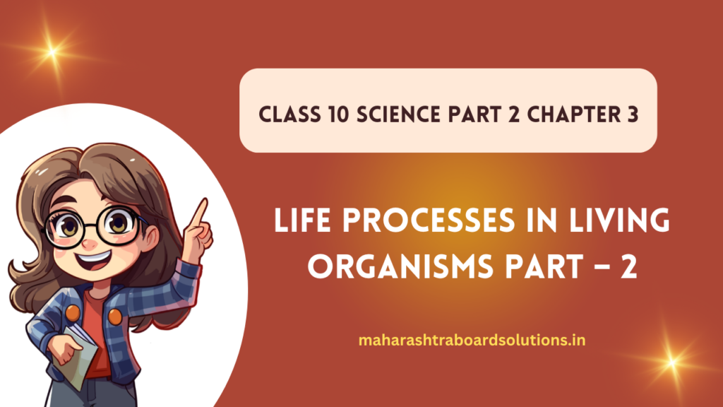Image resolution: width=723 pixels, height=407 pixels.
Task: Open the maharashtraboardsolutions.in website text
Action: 472,341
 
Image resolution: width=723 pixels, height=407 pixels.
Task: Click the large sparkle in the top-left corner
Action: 50,51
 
